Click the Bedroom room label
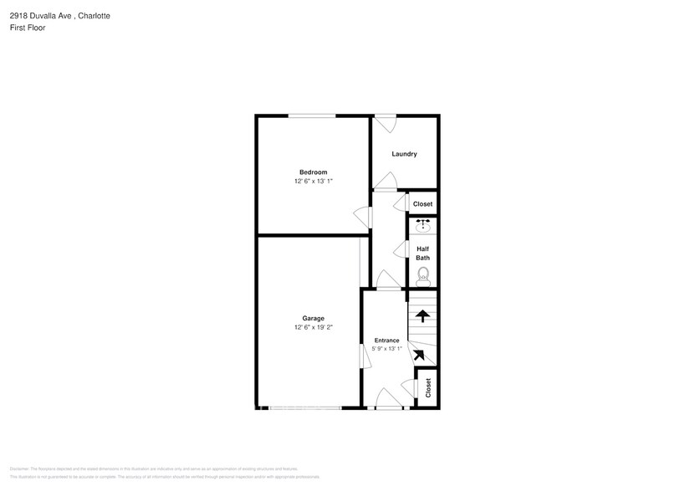314,172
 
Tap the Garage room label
314,318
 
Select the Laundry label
404,154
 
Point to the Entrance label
386,340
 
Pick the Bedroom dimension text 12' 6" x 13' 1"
314,182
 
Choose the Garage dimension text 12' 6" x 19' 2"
314,327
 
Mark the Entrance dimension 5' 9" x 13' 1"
386,349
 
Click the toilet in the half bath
422,274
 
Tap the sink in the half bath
423,225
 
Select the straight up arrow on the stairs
423,316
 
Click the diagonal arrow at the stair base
419,355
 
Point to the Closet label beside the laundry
422,204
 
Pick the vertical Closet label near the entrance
428,387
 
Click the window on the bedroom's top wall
313,115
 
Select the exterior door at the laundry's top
386,122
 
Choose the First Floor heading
28,28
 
